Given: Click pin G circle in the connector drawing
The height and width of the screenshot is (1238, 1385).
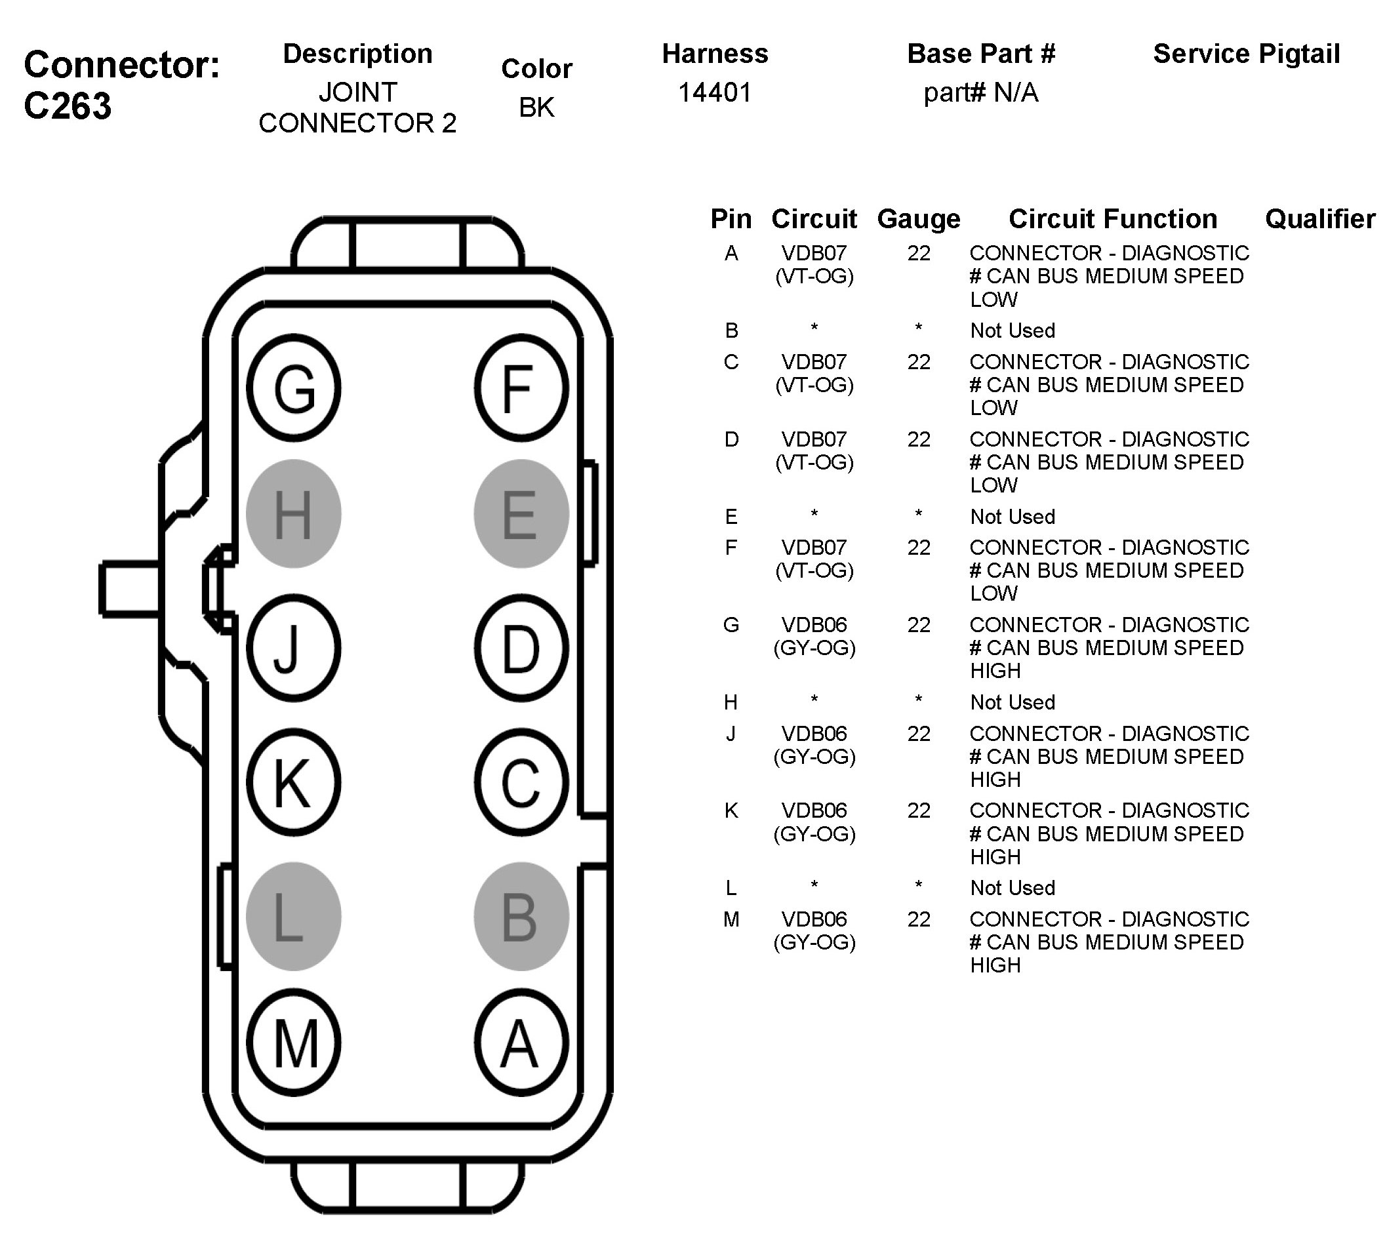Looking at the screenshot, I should click(293, 388).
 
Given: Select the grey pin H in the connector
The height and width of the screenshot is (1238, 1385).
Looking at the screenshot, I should click(293, 513).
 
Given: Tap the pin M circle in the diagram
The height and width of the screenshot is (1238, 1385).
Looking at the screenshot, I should click(293, 1042).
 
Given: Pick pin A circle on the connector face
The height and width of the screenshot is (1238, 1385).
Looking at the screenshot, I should click(521, 1042).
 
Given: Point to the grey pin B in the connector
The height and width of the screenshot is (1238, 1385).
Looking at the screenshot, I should click(521, 916).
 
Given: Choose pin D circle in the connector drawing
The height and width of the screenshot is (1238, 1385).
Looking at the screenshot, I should click(521, 649).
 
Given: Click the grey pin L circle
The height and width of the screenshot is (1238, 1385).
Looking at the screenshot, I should click(293, 916).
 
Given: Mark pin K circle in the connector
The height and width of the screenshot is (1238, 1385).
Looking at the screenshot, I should click(293, 782).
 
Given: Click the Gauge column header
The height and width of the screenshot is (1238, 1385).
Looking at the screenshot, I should click(918, 219).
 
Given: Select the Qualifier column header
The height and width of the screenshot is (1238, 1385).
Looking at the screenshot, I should click(1319, 219).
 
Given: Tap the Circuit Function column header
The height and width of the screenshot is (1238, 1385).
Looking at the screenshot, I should click(1113, 219).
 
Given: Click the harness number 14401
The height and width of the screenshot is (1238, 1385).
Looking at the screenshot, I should click(715, 92).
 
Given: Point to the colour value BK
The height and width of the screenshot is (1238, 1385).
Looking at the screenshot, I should click(536, 108).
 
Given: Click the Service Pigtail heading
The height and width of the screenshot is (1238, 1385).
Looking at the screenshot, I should click(1246, 54).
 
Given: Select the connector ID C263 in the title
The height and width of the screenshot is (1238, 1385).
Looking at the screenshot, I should click(68, 106).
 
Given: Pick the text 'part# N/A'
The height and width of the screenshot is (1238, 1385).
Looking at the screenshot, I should click(980, 92).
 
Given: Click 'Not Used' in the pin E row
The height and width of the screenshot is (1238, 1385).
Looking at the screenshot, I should click(1013, 517).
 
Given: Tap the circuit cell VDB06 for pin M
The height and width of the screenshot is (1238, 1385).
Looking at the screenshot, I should click(814, 920).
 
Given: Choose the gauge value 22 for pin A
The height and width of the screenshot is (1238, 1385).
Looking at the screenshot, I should click(918, 253).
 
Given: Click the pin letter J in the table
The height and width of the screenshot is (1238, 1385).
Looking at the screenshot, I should click(731, 734).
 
